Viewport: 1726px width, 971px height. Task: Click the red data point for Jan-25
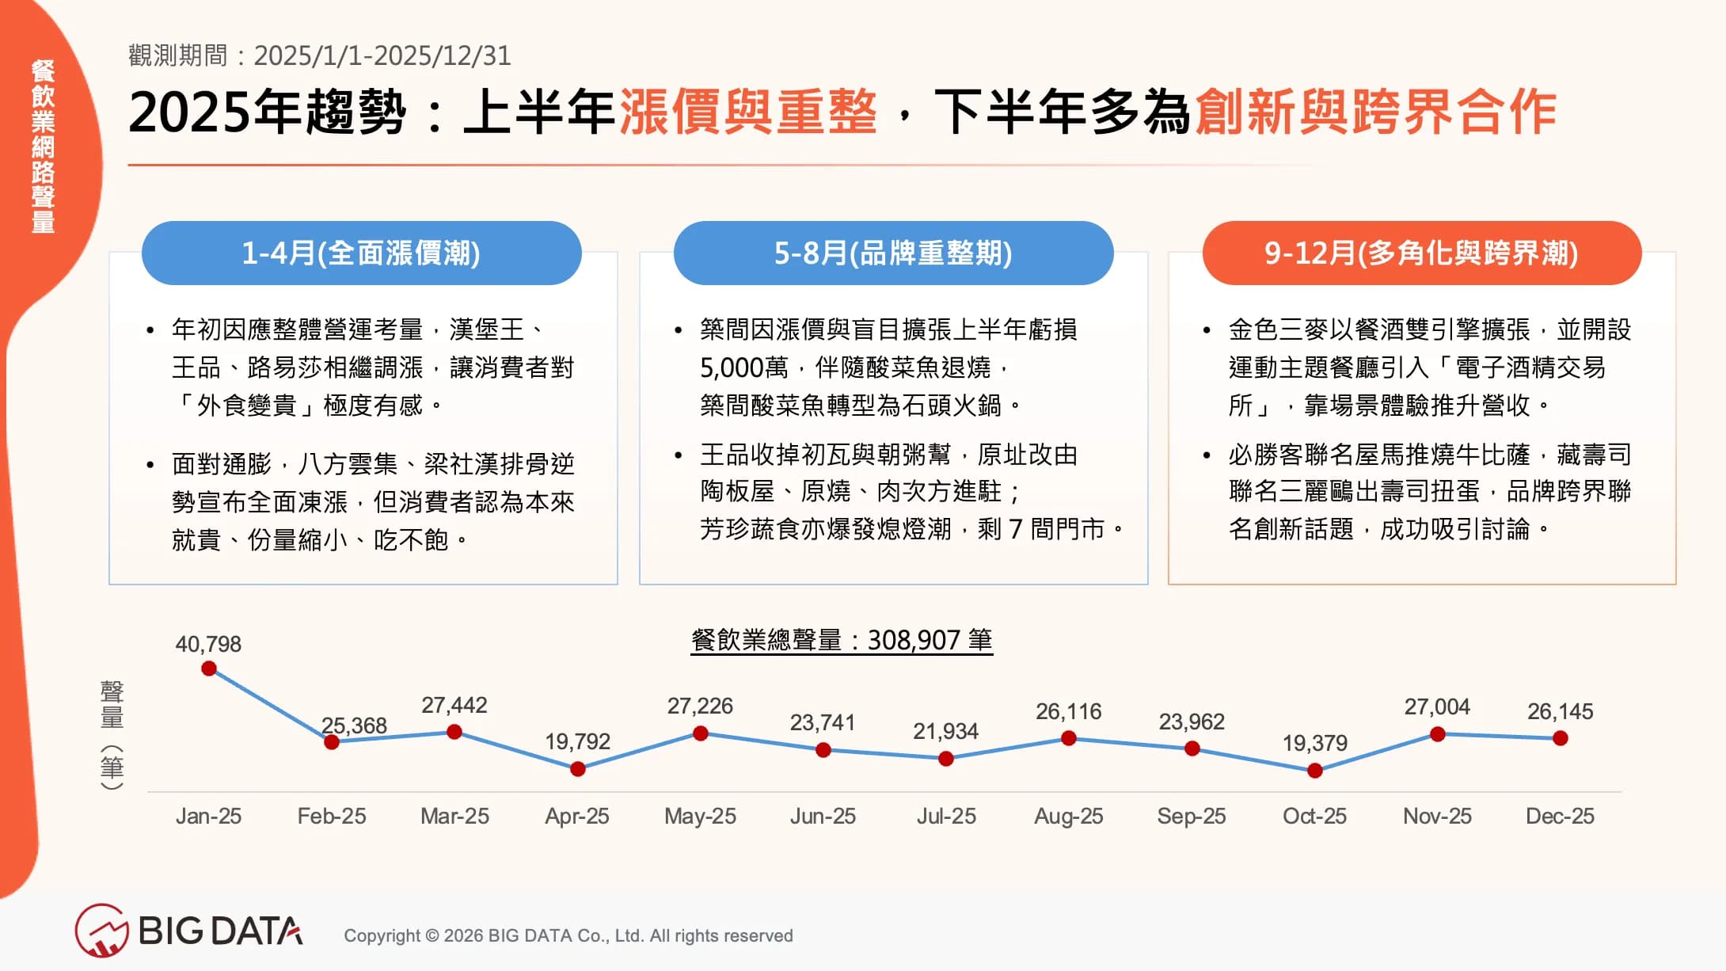coord(209,668)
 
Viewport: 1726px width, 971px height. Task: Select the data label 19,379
coord(1314,743)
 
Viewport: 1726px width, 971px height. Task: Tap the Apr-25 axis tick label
coord(576,816)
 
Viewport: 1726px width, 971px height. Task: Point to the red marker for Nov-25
coord(1438,734)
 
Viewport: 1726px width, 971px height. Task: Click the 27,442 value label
coord(454,705)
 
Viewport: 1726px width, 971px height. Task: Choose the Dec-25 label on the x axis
coord(1560,816)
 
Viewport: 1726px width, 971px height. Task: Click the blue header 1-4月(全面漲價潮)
coord(361,253)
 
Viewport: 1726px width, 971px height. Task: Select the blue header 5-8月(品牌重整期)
coord(893,253)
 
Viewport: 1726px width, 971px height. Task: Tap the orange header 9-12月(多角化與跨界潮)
coord(1421,253)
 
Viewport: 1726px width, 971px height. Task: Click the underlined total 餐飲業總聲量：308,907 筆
coord(842,640)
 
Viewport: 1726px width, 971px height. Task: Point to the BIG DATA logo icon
coord(101,931)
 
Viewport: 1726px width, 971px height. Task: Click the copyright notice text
coord(568,935)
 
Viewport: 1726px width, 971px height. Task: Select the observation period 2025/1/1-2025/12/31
coord(382,55)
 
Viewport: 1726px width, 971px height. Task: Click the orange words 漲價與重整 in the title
coord(747,112)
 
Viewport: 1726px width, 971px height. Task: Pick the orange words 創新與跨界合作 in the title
coord(1375,112)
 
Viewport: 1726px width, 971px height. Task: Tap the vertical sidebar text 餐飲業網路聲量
coord(44,147)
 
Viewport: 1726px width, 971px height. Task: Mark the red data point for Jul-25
coord(945,759)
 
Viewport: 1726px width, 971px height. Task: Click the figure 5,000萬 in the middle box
coord(743,367)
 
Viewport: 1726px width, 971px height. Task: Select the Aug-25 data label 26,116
coord(1068,711)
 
